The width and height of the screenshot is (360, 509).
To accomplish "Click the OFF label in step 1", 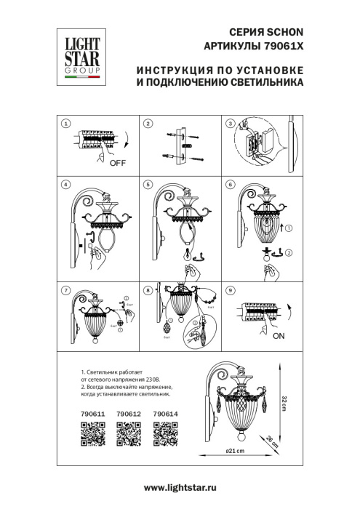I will tap(117, 163).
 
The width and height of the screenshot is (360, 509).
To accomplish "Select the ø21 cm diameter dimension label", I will tap(233, 452).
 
